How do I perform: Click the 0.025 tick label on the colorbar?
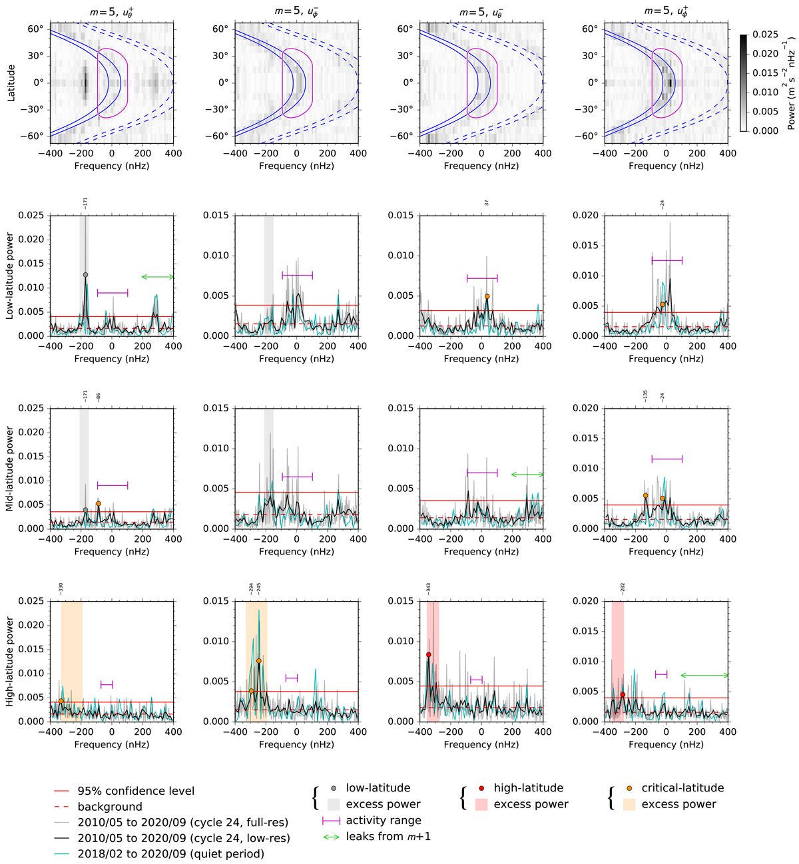tap(765, 35)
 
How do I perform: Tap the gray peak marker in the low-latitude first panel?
tap(85, 275)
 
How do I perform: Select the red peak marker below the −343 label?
tap(429, 655)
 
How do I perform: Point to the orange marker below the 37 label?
tap(487, 297)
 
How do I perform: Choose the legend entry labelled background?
tap(110, 807)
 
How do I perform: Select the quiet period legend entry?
tap(170, 854)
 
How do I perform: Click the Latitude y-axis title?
tap(11, 83)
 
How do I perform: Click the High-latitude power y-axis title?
tap(11, 662)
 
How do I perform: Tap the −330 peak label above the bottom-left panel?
tap(61, 588)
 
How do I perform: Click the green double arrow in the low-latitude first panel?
tap(158, 277)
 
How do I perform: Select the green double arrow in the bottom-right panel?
tap(704, 676)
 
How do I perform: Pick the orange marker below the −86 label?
tap(99, 504)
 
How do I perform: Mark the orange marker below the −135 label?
tap(646, 495)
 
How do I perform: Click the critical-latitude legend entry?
tap(682, 788)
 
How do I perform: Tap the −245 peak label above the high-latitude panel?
tap(259, 588)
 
